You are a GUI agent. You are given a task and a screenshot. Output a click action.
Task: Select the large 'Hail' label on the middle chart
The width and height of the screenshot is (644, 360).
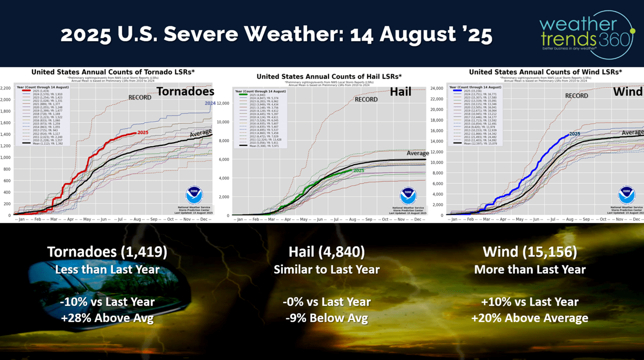click(x=400, y=93)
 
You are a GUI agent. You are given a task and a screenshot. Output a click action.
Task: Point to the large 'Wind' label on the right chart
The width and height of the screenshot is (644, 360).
click(x=628, y=92)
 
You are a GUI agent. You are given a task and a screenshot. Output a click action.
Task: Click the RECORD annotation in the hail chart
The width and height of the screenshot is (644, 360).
click(x=365, y=99)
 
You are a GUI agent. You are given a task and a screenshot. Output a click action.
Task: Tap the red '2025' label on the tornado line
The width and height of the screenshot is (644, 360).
click(x=143, y=133)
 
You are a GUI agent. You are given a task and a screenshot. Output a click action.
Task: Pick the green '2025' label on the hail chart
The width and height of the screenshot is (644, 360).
click(x=358, y=171)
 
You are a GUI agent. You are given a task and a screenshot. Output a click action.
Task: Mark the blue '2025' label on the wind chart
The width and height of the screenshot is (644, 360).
click(x=574, y=134)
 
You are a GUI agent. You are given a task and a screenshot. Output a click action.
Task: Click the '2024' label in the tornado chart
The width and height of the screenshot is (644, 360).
click(x=210, y=103)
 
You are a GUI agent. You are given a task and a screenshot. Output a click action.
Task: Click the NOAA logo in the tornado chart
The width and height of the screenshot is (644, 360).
click(x=194, y=195)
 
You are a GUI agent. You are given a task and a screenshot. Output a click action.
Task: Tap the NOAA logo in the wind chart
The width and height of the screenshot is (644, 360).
click(x=626, y=195)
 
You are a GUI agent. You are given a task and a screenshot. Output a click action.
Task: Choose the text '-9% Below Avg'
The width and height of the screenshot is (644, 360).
click(x=326, y=318)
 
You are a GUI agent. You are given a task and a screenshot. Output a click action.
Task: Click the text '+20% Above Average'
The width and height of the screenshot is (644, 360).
click(x=529, y=318)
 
